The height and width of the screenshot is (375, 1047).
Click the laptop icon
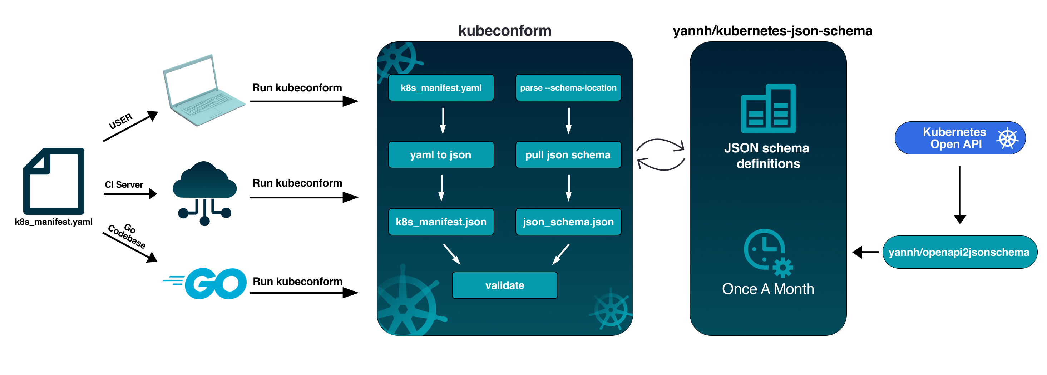[x=203, y=91]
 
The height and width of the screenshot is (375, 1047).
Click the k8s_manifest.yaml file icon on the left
[x=54, y=181]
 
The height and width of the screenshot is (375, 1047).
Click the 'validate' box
[x=504, y=285]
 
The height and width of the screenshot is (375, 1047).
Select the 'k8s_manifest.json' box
[x=441, y=222]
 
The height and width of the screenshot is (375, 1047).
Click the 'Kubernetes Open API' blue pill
[x=960, y=138]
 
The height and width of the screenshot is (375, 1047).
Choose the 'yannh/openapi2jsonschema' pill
[x=959, y=252]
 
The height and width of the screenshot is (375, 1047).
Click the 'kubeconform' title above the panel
[x=504, y=31]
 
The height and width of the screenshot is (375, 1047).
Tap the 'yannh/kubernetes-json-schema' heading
[x=772, y=31]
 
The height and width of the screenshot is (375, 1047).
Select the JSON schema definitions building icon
[x=768, y=108]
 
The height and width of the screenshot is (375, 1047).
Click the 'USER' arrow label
[x=121, y=121]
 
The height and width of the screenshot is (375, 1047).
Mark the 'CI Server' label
[x=124, y=185]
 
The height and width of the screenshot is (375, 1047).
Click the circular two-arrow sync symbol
[x=661, y=154]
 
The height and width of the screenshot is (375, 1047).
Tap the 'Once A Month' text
[x=768, y=289]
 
